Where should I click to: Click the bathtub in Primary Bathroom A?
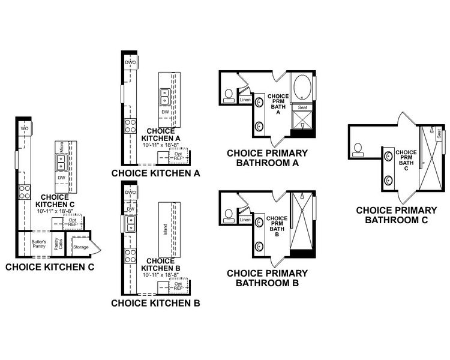click(x=302, y=89)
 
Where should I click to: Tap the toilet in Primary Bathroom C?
click(x=358, y=149)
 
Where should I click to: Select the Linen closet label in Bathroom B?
click(x=244, y=220)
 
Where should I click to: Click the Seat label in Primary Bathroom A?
click(x=302, y=107)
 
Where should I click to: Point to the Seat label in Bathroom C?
click(x=439, y=135)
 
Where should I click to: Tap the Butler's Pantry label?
click(x=38, y=244)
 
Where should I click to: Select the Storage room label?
click(x=80, y=247)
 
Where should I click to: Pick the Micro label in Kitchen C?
click(x=61, y=147)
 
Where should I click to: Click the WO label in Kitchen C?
click(x=25, y=128)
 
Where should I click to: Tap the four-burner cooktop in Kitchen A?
click(x=130, y=126)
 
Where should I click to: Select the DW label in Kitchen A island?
click(x=164, y=112)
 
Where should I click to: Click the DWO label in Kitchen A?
click(x=130, y=62)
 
